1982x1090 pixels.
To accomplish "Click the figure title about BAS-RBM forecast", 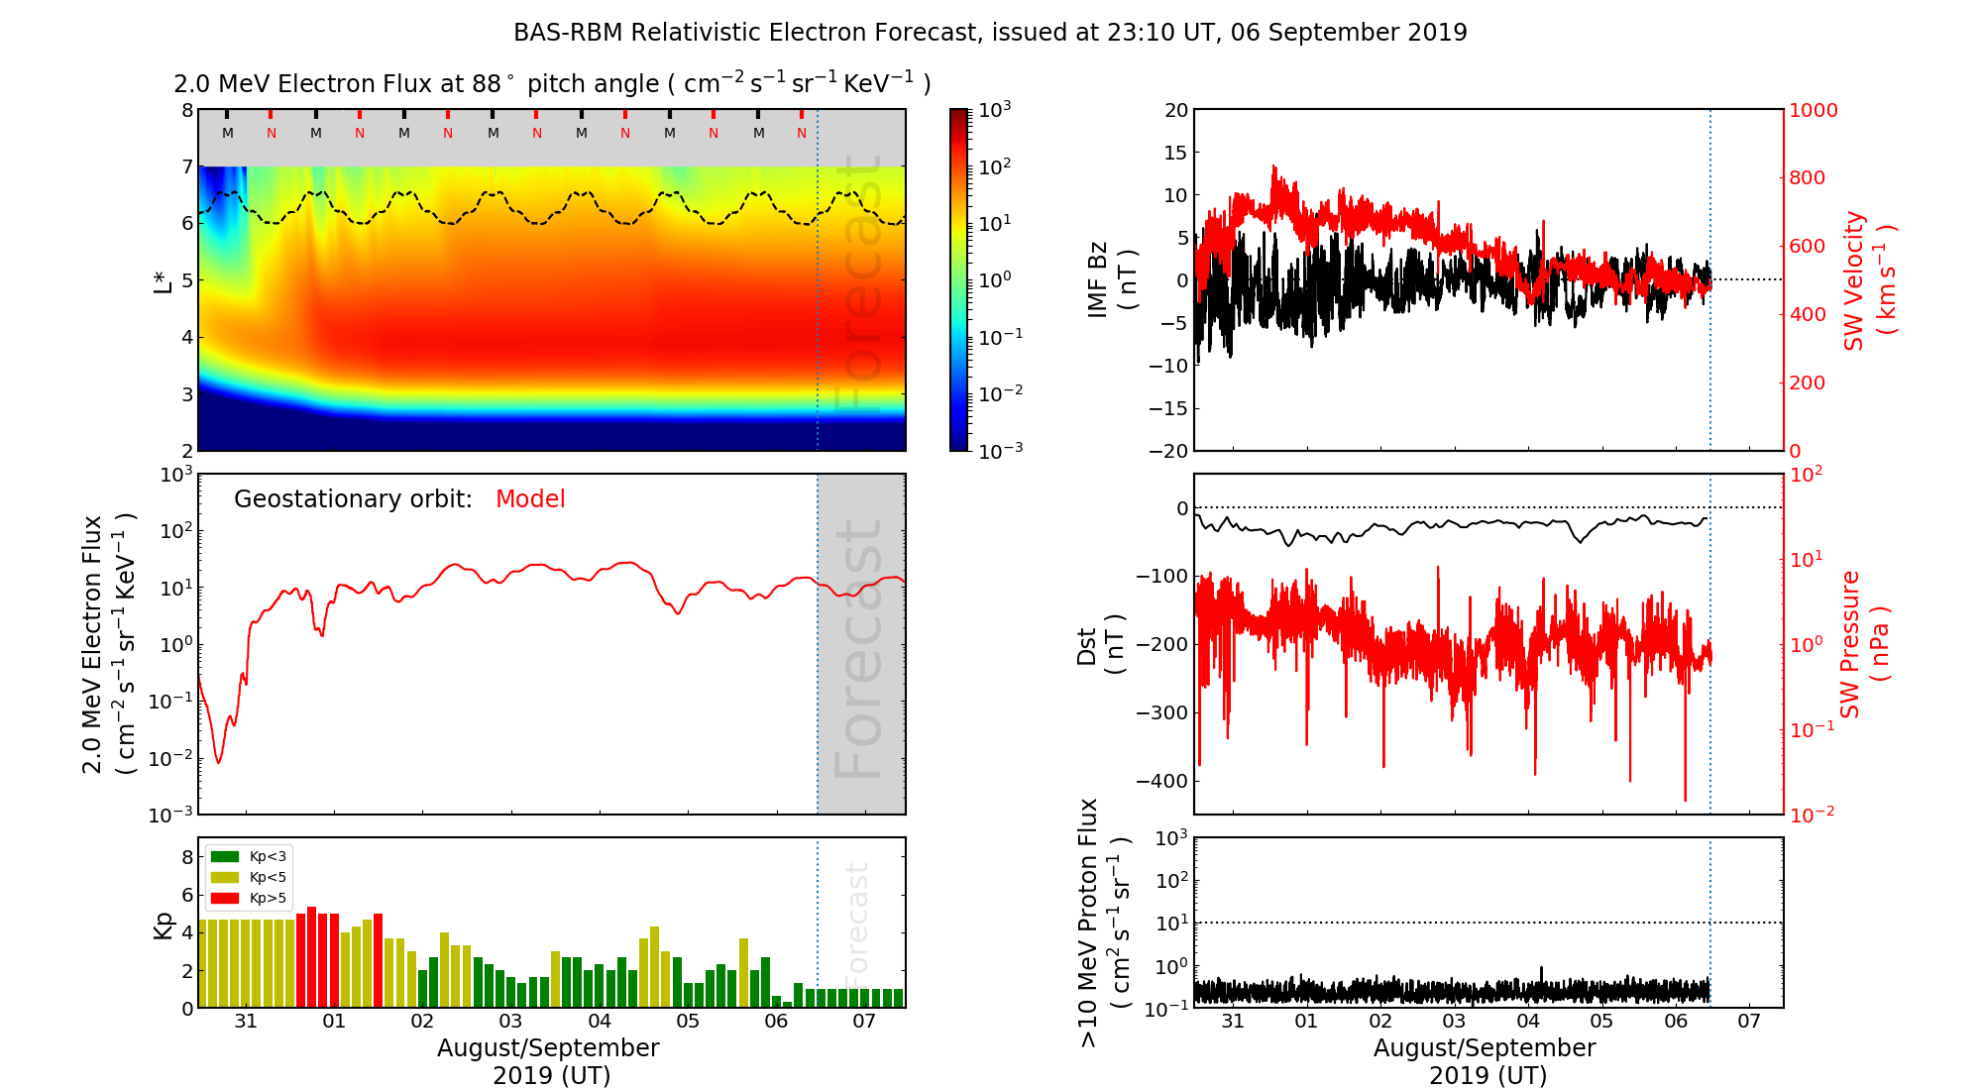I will pyautogui.click(x=990, y=33).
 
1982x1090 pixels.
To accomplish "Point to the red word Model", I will pyautogui.click(x=530, y=499).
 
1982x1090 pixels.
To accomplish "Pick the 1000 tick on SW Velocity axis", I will pyautogui.click(x=1813, y=110).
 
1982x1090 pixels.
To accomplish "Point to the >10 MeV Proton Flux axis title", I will pyautogui.click(x=1104, y=923).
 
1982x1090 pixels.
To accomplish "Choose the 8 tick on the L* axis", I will pyautogui.click(x=186, y=110).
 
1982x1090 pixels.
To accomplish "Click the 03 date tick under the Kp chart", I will pyautogui.click(x=510, y=1022).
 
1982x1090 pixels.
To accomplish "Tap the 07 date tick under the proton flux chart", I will pyautogui.click(x=1749, y=1022).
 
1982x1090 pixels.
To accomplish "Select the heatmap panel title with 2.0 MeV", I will pyautogui.click(x=552, y=84).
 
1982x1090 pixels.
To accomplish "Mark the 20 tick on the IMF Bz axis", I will pyautogui.click(x=1175, y=110).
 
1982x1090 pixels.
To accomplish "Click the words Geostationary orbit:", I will pyautogui.click(x=353, y=499).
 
